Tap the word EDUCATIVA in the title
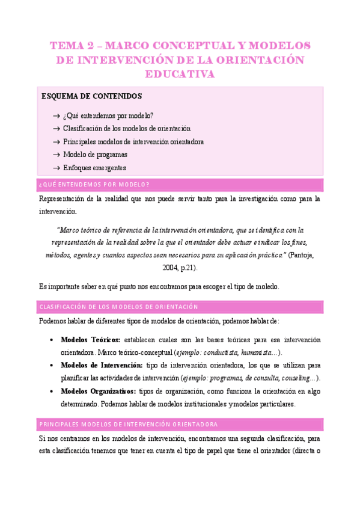point(180,74)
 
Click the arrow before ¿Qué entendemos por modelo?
point(56,115)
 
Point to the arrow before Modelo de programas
point(56,155)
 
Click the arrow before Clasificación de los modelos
point(56,129)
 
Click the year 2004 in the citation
point(171,267)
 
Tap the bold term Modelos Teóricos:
point(91,340)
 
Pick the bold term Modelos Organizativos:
point(98,392)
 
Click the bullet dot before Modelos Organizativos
point(55,392)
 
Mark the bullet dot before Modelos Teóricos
point(55,340)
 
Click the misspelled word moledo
point(265,286)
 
